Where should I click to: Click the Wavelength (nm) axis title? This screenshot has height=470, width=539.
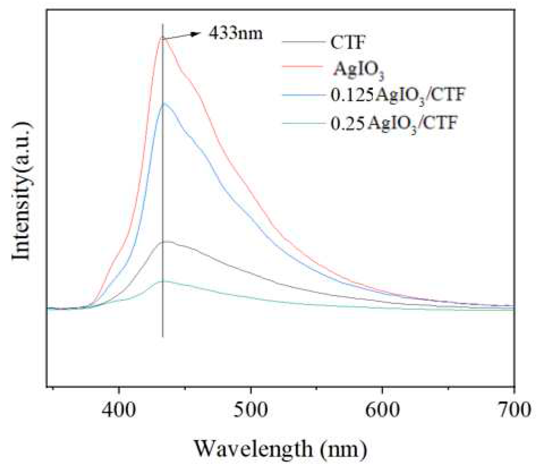pos(280,449)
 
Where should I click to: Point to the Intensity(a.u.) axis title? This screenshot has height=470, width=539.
pos(22,191)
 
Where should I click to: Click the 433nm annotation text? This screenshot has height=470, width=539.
pos(236,33)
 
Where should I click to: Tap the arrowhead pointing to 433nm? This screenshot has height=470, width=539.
pos(194,34)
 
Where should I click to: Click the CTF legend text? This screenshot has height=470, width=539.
pos(347,42)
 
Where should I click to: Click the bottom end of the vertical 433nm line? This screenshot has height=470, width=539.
pos(163,337)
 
